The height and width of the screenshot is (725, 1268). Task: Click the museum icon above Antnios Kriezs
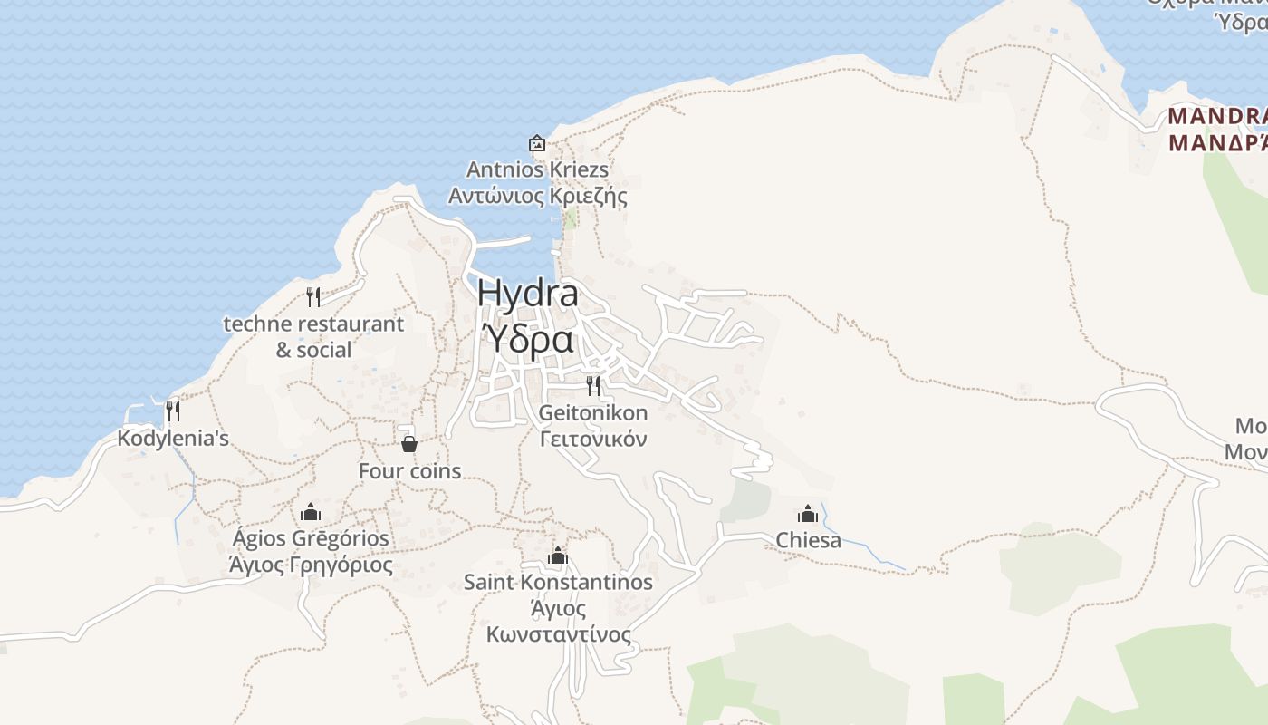coord(537,143)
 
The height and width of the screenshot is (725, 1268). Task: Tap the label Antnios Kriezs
coord(537,169)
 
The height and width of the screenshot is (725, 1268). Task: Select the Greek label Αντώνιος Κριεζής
coord(537,196)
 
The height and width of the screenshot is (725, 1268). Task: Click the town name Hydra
coord(527,293)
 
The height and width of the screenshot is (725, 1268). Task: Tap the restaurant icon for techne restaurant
coord(313,296)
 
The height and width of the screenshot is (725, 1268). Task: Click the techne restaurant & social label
coord(313,336)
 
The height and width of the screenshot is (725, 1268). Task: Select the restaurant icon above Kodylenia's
coord(172,411)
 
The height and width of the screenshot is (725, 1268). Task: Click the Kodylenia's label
coord(173,439)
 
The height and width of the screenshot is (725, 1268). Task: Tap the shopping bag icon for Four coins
coord(409,443)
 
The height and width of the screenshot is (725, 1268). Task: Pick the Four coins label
coord(409,471)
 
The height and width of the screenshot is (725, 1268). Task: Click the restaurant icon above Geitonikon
coord(593,386)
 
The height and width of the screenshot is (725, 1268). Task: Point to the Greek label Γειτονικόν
coord(593,440)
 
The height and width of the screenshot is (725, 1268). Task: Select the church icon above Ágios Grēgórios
coord(311,512)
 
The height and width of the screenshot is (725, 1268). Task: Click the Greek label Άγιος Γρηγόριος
coord(311,565)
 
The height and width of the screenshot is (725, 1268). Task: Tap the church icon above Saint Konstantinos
coord(558,555)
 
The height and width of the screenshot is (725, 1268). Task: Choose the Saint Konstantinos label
coord(558,582)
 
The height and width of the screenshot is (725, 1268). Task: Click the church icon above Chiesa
coord(808,514)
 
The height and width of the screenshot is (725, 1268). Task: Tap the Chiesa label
coord(808,541)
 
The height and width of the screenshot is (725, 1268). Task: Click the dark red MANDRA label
coord(1217,116)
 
